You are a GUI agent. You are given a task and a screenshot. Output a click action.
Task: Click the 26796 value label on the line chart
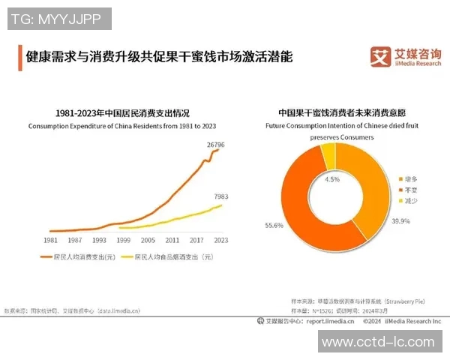[216, 144]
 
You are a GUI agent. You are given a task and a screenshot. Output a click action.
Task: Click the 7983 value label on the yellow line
[220, 196]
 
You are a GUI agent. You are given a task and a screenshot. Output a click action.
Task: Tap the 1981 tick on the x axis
[51, 240]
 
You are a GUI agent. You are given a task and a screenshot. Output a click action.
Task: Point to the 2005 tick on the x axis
[148, 240]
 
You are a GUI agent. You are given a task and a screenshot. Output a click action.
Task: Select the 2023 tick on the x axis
[220, 240]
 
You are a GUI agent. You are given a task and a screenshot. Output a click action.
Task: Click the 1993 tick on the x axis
[99, 240]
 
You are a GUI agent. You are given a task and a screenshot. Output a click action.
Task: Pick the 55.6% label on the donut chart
[274, 225]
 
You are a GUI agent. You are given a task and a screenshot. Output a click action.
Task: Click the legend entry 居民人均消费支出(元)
[82, 257]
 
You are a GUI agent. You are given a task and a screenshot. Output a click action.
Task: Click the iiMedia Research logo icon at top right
[381, 57]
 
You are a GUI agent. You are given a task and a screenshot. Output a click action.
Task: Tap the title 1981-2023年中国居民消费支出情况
[123, 112]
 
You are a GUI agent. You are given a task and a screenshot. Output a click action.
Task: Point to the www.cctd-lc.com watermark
[378, 342]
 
